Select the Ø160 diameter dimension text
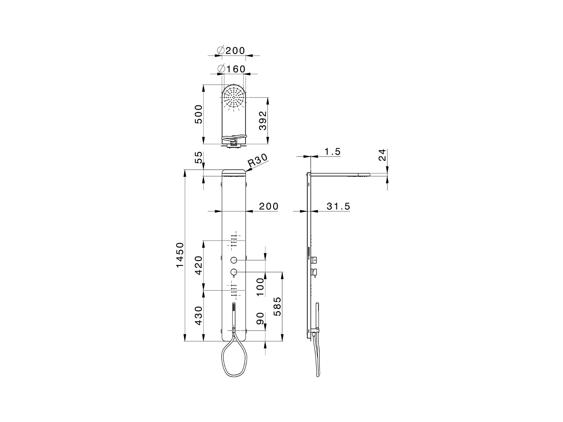point(232,69)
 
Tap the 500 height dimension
point(199,114)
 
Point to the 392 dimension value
point(263,120)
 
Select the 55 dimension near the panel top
point(199,157)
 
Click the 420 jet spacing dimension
point(199,265)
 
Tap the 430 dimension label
point(199,316)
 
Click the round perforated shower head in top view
point(234,97)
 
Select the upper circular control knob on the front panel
point(234,260)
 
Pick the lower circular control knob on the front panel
point(234,272)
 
